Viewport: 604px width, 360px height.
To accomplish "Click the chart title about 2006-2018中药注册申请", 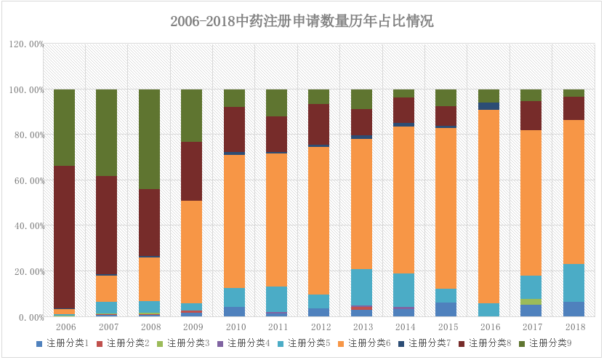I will tap(302, 21).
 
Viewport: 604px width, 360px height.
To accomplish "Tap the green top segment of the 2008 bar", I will tap(149, 139).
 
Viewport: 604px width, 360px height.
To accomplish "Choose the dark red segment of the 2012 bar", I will tap(318, 124).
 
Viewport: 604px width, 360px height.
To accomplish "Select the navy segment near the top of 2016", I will tap(488, 106).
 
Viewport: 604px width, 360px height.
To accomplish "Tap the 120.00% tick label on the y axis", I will tap(27, 44).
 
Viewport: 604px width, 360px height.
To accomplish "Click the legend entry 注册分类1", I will tap(65, 342).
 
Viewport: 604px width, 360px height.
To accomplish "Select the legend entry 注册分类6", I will tap(369, 342).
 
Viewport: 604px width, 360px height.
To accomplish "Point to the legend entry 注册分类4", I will tap(247, 342).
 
